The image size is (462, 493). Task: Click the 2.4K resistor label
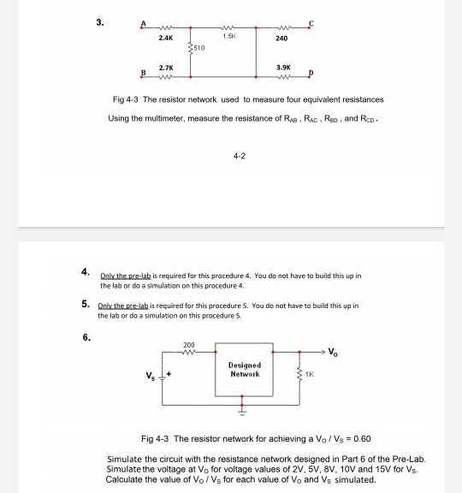[166, 38]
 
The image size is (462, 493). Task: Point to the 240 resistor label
[281, 38]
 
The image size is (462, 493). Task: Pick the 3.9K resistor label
[283, 65]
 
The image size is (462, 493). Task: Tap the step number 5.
[86, 304]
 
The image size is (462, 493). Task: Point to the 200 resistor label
[188, 346]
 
